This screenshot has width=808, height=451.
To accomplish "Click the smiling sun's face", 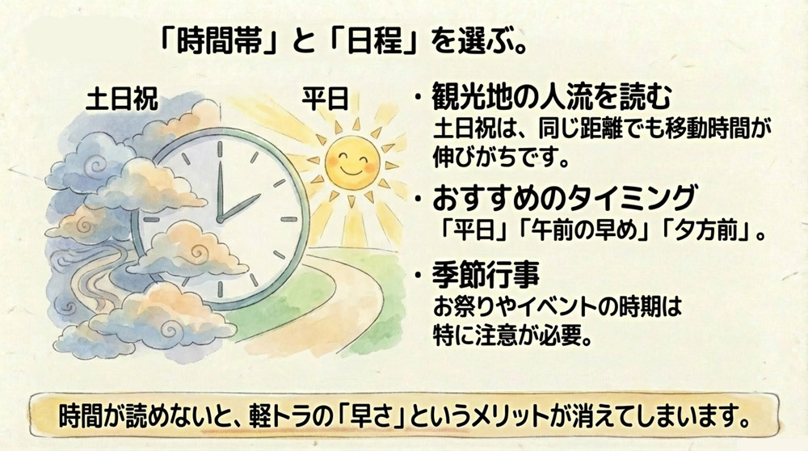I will (345, 160).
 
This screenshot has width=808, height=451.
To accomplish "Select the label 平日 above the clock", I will (324, 99).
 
